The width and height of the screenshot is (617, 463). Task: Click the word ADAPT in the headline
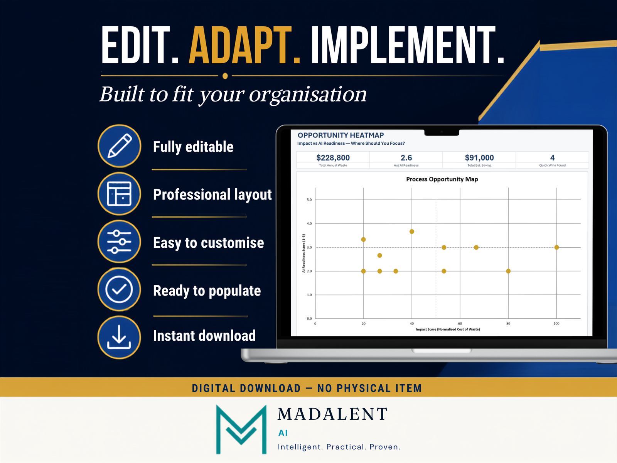[x=241, y=45]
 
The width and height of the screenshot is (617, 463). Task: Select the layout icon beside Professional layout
[x=120, y=194]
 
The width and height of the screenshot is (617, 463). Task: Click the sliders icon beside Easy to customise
[x=120, y=242]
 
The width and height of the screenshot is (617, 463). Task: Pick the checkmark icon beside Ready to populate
[x=120, y=289]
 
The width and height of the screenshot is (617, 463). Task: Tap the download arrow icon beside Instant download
[x=120, y=337]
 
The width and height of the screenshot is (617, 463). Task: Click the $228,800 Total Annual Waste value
[x=333, y=158]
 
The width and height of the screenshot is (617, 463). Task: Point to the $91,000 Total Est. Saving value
[x=479, y=158]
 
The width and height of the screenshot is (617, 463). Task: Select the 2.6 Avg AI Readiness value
[x=406, y=158]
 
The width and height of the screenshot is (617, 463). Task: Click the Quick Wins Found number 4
[x=552, y=158]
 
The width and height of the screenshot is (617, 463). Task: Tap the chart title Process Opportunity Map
[x=442, y=179]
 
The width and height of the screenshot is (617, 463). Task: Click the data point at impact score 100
[x=556, y=247]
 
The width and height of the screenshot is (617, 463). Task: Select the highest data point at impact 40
[x=412, y=231]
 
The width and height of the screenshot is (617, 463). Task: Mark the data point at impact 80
[x=508, y=271]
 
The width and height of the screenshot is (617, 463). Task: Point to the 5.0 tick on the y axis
[x=309, y=200]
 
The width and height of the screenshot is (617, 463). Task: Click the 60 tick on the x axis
[x=460, y=324]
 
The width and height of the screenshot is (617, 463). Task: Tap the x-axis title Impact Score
[x=448, y=329]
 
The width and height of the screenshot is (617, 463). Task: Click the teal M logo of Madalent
[x=241, y=429]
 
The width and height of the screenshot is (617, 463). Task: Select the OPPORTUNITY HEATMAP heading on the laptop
[x=341, y=135]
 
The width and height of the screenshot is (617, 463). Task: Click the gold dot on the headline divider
[x=225, y=76]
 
